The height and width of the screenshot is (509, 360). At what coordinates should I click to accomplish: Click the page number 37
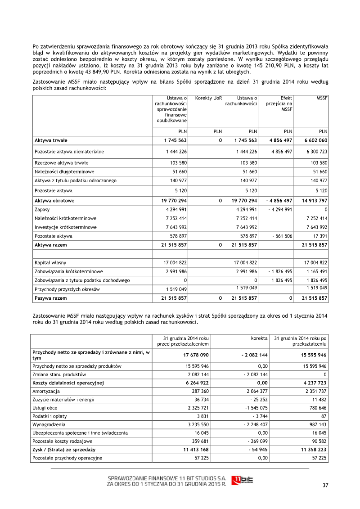coord(326,485)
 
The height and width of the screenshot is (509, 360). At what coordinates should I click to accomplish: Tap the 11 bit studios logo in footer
coord(242,481)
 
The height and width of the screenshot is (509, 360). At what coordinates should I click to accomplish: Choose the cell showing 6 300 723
coord(315,152)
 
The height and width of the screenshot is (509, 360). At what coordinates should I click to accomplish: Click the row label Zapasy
coord(42,210)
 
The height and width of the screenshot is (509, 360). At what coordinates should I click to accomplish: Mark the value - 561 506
coord(282,236)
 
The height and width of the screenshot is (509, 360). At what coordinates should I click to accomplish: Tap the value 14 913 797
coord(313,201)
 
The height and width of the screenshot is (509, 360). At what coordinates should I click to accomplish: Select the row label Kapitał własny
coord(49,262)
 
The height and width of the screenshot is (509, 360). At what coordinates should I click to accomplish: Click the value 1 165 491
coord(315,271)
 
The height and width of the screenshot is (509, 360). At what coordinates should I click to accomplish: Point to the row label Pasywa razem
coord(50,298)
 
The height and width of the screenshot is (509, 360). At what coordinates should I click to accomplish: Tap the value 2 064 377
coord(254,392)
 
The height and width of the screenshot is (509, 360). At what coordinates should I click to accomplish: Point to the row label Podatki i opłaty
coord(50,416)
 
